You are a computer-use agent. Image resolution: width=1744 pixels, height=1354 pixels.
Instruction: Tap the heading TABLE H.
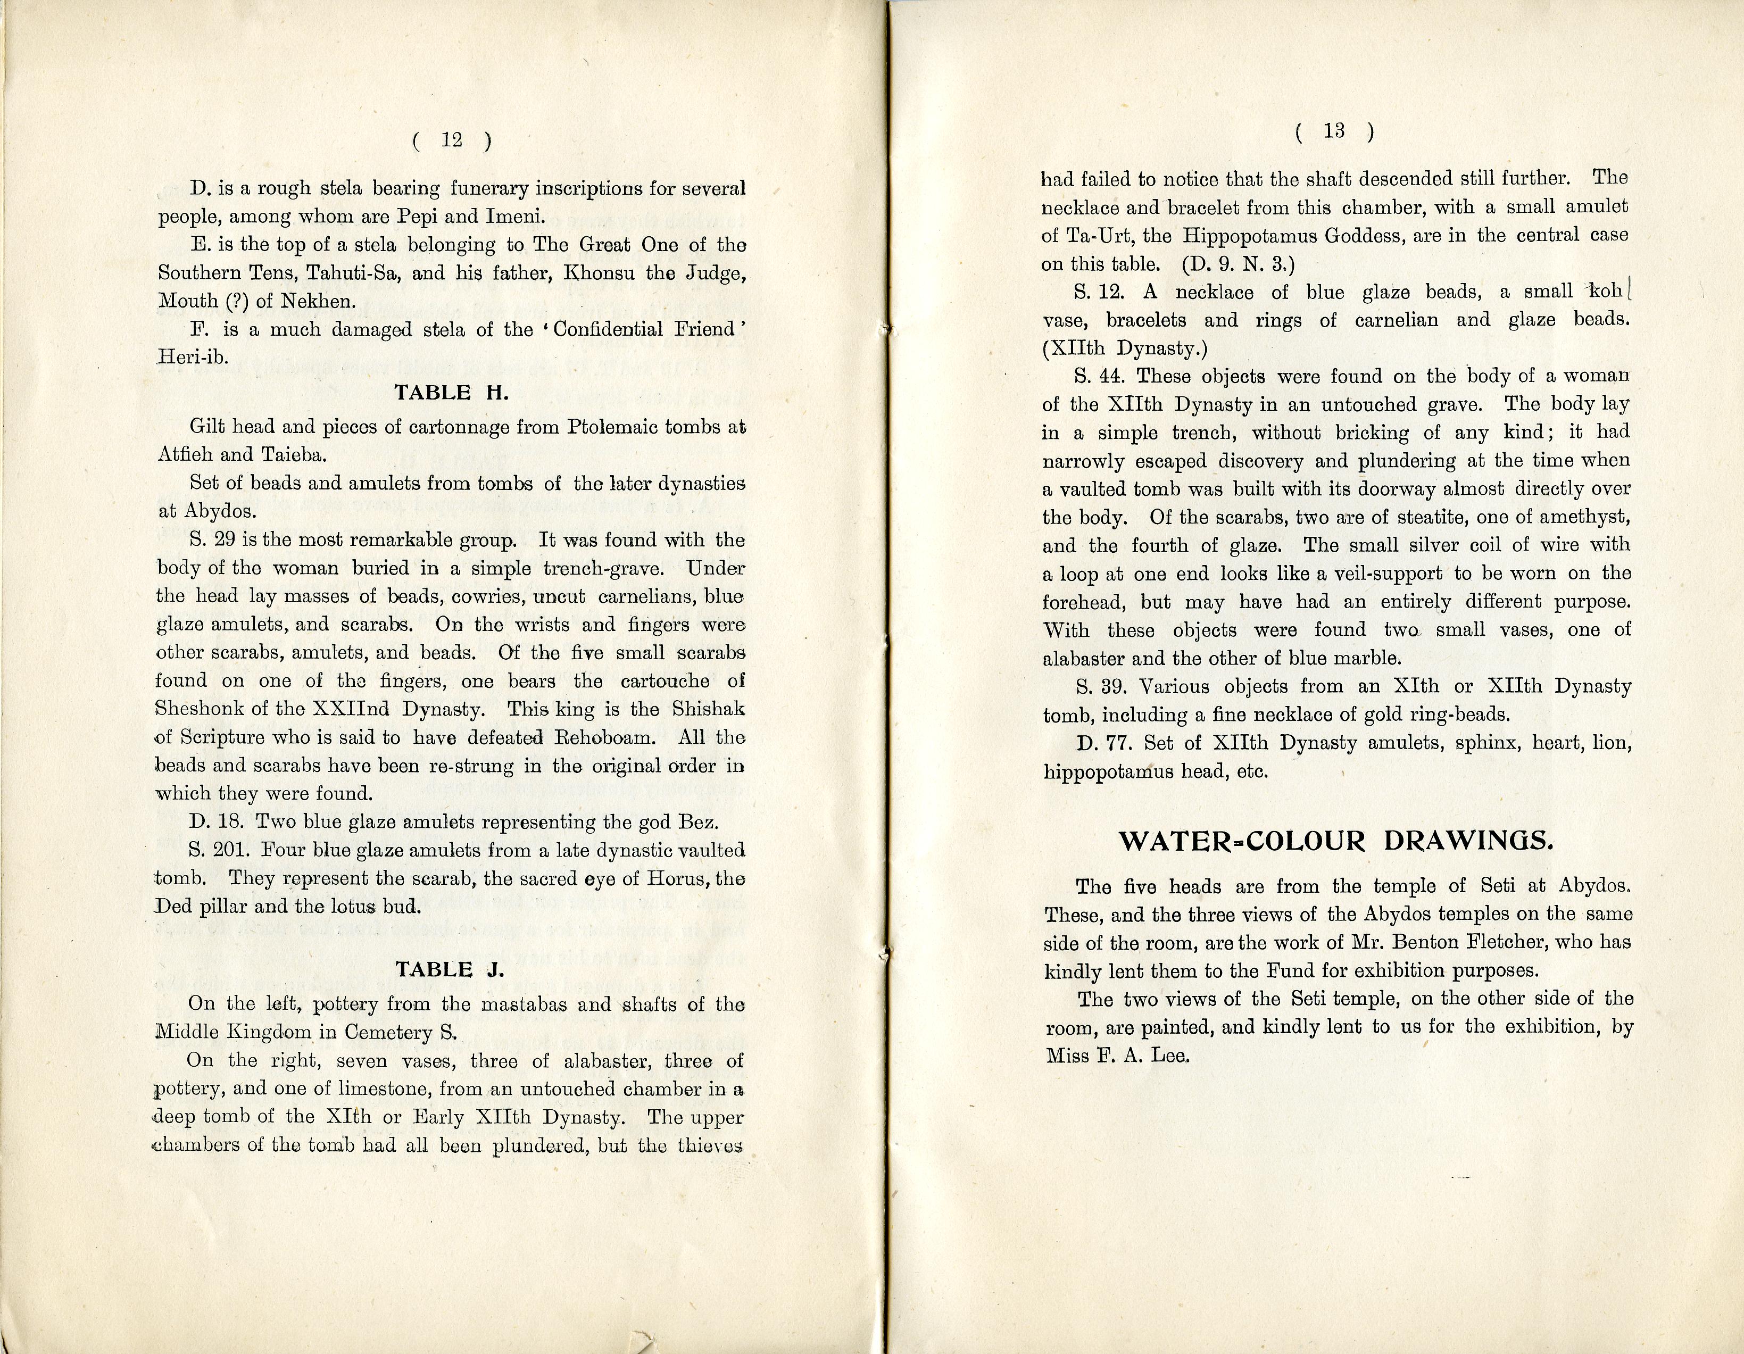coord(451,392)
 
